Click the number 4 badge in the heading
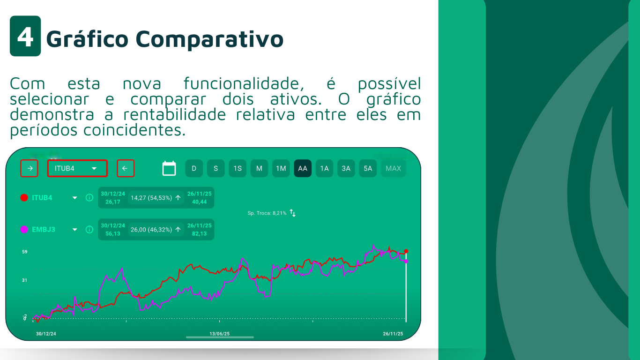click(25, 36)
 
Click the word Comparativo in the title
click(209, 39)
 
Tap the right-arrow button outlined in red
click(29, 168)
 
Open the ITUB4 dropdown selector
click(77, 168)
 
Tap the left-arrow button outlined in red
click(126, 168)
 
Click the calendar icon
click(169, 168)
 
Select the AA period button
click(303, 168)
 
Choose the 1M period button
click(281, 168)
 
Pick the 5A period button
click(368, 168)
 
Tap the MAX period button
click(393, 168)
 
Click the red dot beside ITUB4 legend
click(24, 198)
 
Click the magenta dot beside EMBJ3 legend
click(24, 229)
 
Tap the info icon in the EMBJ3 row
click(89, 229)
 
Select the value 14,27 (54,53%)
click(151, 198)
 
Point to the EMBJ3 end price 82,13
click(199, 233)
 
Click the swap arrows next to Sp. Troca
click(292, 213)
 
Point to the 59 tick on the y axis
click(24, 252)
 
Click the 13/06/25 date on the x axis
click(219, 334)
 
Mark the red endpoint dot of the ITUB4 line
click(406, 251)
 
